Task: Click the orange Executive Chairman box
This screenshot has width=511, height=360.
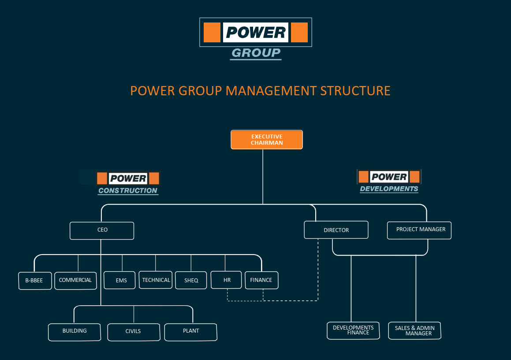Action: (x=267, y=139)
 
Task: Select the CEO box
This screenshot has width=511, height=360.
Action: (x=102, y=230)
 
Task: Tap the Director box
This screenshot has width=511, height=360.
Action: (x=336, y=230)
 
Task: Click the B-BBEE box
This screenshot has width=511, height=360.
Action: (x=35, y=281)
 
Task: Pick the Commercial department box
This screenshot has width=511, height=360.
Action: (x=75, y=280)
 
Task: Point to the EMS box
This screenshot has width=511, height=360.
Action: (x=119, y=280)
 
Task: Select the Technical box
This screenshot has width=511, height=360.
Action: (x=156, y=280)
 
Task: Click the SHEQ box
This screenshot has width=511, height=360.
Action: (x=191, y=280)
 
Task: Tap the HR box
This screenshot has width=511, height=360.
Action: (x=226, y=280)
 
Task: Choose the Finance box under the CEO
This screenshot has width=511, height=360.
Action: (x=261, y=280)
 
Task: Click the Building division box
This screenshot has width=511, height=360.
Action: (x=75, y=332)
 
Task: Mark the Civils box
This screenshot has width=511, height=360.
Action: (x=133, y=332)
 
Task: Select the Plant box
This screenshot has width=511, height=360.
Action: (x=190, y=332)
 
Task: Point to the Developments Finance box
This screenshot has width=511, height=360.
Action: (x=353, y=330)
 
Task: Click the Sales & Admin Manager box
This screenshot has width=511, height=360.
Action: (x=414, y=330)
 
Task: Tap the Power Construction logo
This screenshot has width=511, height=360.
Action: (x=128, y=183)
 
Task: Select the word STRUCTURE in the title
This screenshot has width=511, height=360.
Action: (x=355, y=91)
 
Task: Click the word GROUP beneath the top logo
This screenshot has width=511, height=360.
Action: (x=256, y=53)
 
